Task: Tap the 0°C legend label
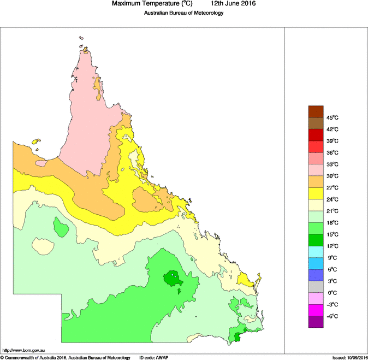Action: (x=332, y=293)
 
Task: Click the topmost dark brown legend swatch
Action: (x=316, y=111)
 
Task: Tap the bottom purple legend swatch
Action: (x=316, y=322)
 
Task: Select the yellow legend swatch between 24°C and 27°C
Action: (x=316, y=193)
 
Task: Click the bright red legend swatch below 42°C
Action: (x=316, y=135)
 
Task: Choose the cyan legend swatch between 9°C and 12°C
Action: (x=316, y=252)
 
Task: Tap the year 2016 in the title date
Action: (x=247, y=4)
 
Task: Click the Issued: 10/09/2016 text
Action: (x=349, y=357)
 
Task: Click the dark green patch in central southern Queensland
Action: (x=173, y=279)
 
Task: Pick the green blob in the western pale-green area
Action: (x=60, y=226)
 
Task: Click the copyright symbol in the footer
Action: (x=2, y=357)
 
